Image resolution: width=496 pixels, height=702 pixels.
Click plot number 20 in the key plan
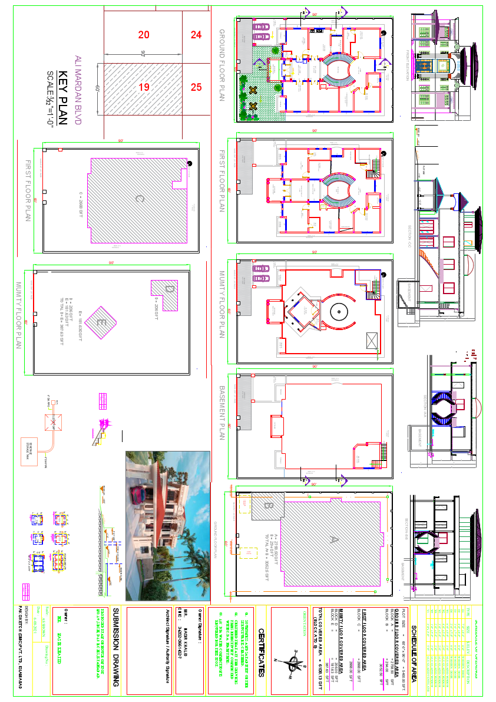point(144,35)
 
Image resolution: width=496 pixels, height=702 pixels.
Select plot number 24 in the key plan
point(196,35)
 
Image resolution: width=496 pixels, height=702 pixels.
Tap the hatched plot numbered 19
point(144,87)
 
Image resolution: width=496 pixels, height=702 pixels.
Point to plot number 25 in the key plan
point(196,87)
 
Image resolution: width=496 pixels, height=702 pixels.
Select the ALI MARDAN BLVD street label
point(78,90)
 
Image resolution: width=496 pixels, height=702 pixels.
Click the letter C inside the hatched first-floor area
point(139,199)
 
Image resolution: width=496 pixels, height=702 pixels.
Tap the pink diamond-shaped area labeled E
point(101,322)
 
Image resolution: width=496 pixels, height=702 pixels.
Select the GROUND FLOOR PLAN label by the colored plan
point(222,65)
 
